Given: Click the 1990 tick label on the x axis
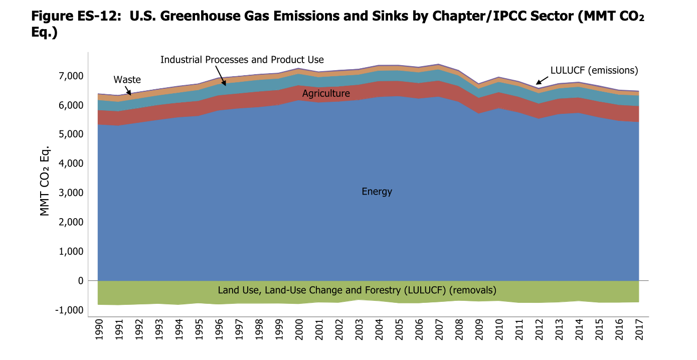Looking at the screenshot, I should pos(98,329).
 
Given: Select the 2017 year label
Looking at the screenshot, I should pos(638,329).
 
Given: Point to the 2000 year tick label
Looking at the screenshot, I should pos(298,329).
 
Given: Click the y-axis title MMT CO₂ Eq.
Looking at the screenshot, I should pos(46,181).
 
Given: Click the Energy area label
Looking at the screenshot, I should pos(377,192).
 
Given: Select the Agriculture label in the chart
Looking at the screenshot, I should pos(326,94).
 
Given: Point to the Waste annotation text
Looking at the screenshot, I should pos(127,80).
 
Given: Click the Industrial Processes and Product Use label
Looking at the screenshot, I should pos(242,60).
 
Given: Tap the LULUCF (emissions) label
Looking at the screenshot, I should pos(594,71).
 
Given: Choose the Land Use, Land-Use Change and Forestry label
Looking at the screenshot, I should pos(357,290).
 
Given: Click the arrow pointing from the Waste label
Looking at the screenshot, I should pos(128,90).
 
